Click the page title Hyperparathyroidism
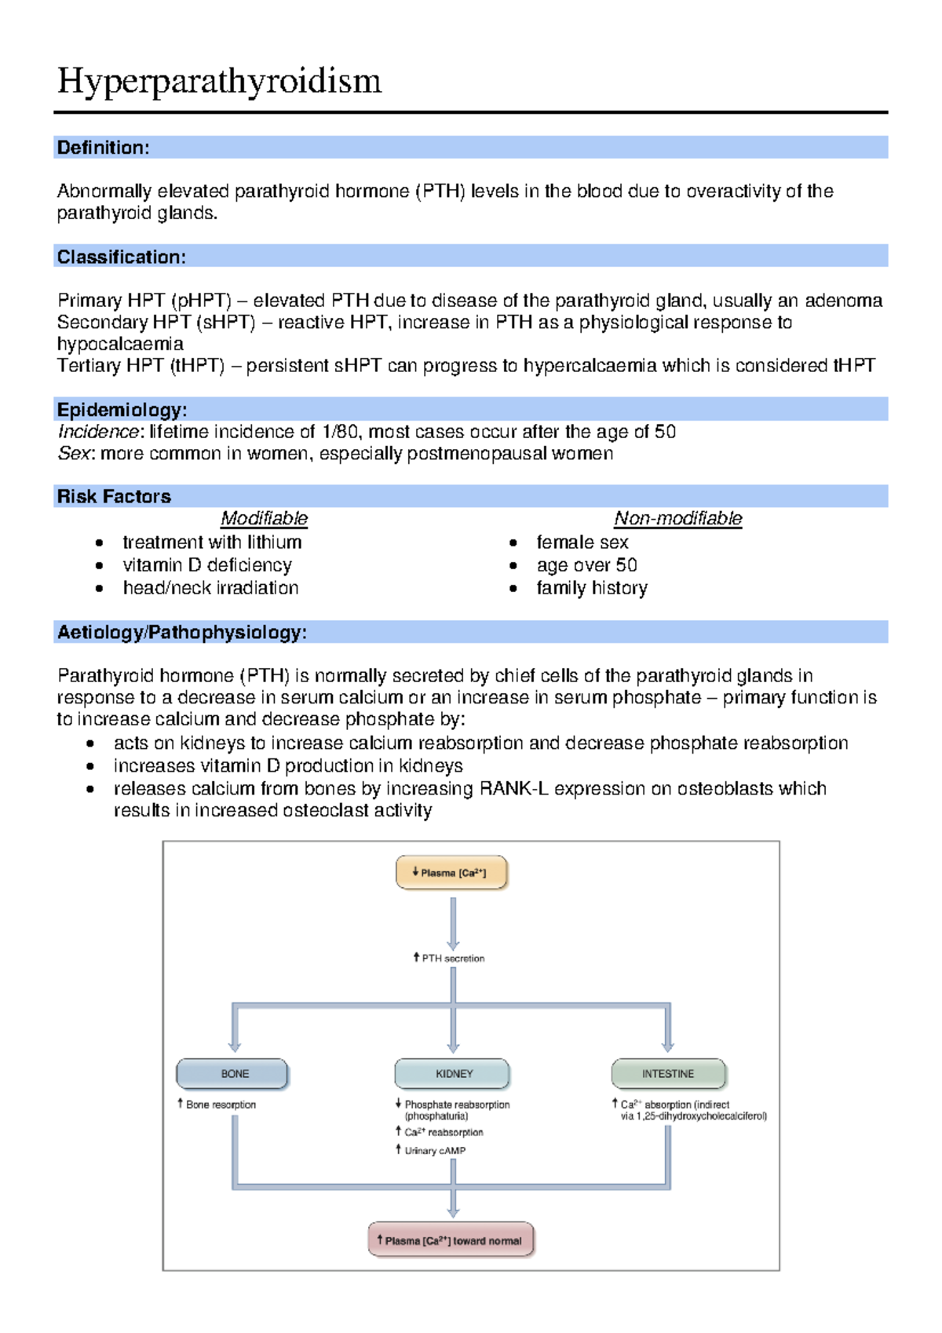coord(219,81)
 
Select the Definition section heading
coord(103,148)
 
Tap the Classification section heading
coord(121,257)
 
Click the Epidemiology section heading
coord(122,409)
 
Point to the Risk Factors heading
coord(114,496)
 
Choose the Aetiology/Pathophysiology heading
coord(181,632)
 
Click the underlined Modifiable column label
coord(264,518)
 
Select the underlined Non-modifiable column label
coord(677,518)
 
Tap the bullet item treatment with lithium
coord(212,542)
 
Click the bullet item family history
coord(592,588)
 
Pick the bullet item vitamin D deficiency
coord(207,565)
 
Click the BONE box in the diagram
coord(233,1074)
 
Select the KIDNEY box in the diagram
coord(453,1074)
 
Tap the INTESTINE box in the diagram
coord(668,1074)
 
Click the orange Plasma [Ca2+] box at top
coord(451,873)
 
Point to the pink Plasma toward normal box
coord(451,1241)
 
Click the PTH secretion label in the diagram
coord(451,959)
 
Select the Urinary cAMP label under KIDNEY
coord(433,1151)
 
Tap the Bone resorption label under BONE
coord(219,1105)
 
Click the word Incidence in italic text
coord(98,432)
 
